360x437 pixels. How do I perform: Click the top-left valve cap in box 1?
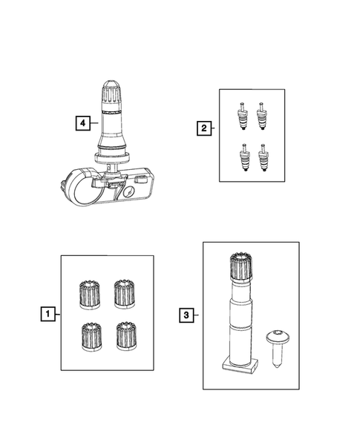[x=88, y=294]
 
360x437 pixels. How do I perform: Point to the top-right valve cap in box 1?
[x=123, y=293]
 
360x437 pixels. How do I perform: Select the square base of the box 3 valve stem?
[x=239, y=363]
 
